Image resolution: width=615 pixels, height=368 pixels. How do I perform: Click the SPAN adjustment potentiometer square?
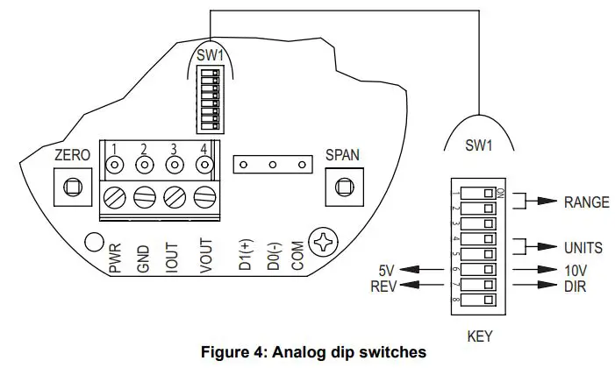point(342,186)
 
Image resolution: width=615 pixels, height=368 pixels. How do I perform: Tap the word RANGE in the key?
point(587,202)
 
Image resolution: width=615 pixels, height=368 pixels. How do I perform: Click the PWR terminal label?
point(115,259)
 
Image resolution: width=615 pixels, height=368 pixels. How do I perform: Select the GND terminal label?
point(144,259)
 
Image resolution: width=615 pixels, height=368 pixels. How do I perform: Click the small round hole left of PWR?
point(91,240)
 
